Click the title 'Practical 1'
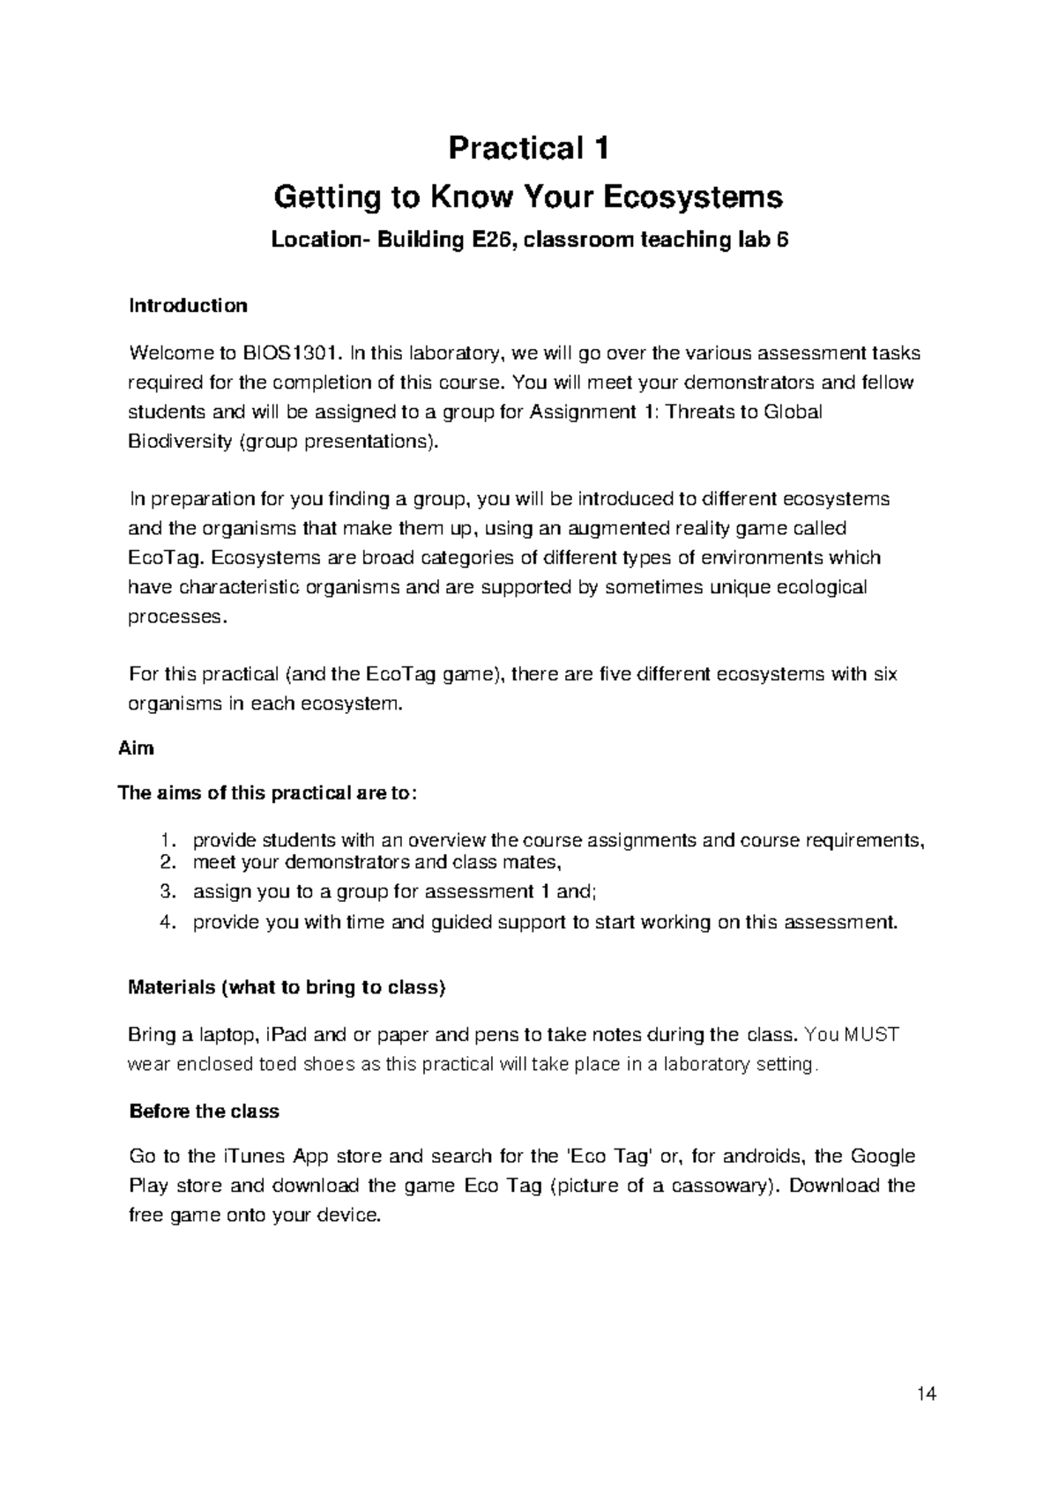point(528,148)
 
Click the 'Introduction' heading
point(188,306)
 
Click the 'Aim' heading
point(136,748)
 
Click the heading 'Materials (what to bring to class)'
point(287,987)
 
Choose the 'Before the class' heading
point(204,1112)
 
